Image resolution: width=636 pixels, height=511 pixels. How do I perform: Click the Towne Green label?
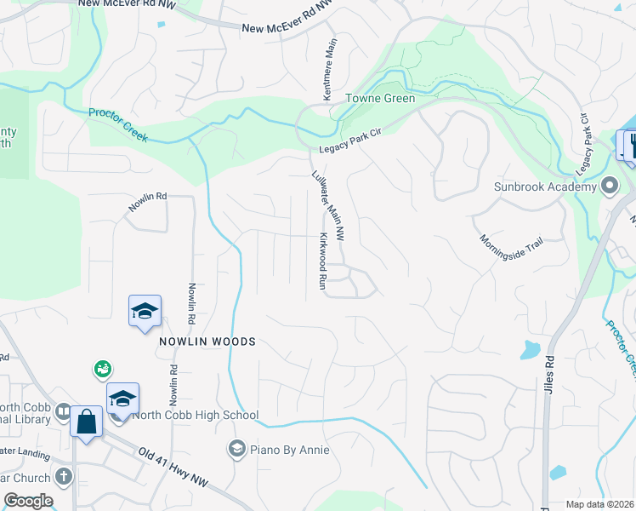pos(380,98)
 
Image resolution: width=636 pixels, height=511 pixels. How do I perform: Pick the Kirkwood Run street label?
pos(323,261)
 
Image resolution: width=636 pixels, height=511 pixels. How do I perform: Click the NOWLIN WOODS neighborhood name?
pos(207,342)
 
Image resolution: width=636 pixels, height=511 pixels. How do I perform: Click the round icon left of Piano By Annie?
pos(236,449)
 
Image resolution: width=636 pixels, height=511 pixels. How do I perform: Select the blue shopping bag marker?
pos(87,422)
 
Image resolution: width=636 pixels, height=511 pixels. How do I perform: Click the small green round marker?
pos(102,369)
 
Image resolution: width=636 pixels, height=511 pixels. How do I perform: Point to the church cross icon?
pos(63,477)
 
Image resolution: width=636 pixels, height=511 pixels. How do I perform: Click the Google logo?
pos(28,501)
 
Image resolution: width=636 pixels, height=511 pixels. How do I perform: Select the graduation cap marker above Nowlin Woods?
pos(145,311)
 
